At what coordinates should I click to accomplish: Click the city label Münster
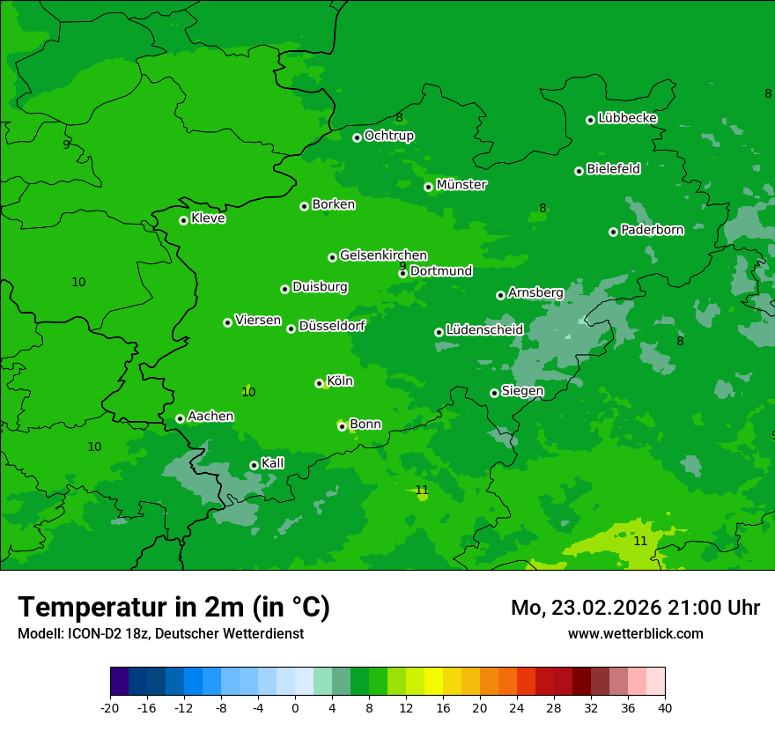(x=461, y=185)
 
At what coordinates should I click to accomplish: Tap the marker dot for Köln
(x=319, y=383)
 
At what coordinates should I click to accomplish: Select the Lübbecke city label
(x=627, y=118)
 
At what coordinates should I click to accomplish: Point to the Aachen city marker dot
(x=180, y=418)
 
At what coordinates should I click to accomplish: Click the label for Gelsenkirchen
(x=383, y=255)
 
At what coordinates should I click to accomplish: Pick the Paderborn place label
(x=652, y=230)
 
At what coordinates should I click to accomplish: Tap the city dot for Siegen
(x=494, y=393)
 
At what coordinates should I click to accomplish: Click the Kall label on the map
(x=272, y=463)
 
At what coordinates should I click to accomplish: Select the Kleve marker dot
(x=183, y=220)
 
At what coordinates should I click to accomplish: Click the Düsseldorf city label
(x=332, y=326)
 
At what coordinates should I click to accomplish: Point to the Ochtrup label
(x=388, y=136)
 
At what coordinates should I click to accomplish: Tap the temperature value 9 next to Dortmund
(x=402, y=266)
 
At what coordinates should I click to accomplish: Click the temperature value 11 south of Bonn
(x=422, y=490)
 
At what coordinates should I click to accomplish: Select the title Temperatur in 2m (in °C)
(x=173, y=607)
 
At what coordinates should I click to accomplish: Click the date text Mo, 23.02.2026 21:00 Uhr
(x=635, y=608)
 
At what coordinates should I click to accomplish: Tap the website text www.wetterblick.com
(x=635, y=633)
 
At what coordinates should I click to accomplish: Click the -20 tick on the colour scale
(x=110, y=708)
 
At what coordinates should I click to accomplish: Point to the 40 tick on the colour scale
(x=665, y=708)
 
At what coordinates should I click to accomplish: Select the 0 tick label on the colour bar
(x=295, y=708)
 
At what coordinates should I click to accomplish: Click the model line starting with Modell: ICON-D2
(x=160, y=633)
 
